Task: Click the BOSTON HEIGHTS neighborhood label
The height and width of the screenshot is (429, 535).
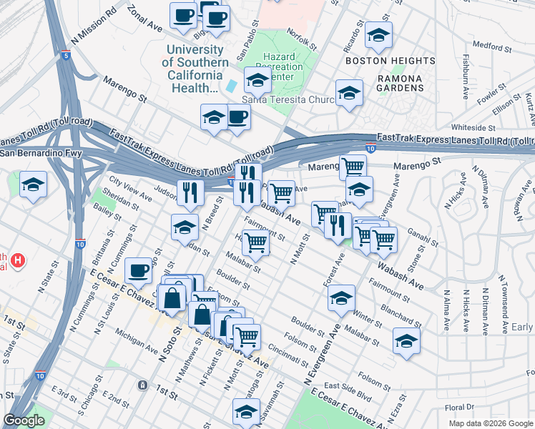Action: (390, 61)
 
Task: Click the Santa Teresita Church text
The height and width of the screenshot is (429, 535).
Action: (288, 100)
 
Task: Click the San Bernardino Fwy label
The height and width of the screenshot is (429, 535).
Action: (41, 153)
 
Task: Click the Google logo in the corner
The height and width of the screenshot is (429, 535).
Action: (24, 420)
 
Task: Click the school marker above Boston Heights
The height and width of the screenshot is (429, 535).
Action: (378, 34)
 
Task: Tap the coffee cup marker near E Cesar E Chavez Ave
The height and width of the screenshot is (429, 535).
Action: (138, 270)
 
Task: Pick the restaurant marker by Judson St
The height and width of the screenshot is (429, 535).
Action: (190, 192)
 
